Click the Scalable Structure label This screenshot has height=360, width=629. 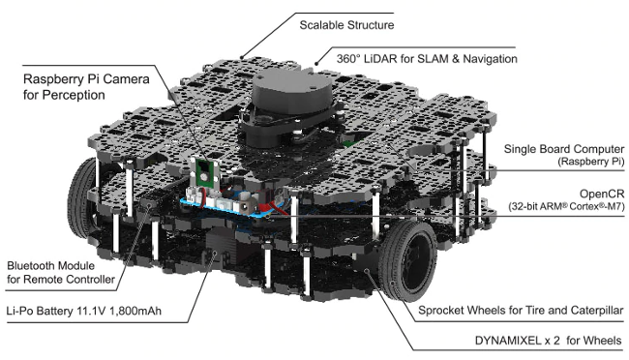pyautogui.click(x=346, y=25)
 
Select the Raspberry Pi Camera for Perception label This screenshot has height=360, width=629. pyautogui.click(x=86, y=87)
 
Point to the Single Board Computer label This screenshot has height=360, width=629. pyautogui.click(x=563, y=149)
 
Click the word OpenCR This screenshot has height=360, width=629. pyautogui.click(x=602, y=194)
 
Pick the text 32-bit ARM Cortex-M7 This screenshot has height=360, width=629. pyautogui.click(x=566, y=207)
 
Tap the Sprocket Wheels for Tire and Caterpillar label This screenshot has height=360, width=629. pyautogui.click(x=521, y=311)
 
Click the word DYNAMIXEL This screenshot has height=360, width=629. pyautogui.click(x=508, y=341)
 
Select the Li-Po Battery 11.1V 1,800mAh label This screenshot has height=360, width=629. pyautogui.click(x=84, y=311)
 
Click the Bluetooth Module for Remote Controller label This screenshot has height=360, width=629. pyautogui.click(x=61, y=272)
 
